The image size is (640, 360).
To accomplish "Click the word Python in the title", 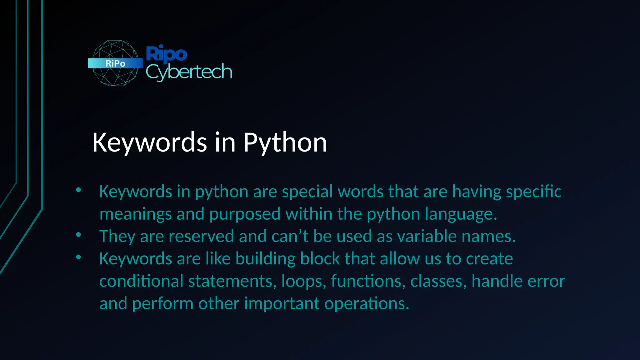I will click(285, 143).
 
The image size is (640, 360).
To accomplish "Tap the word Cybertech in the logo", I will click(189, 72).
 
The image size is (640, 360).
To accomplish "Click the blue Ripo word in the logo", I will click(166, 53).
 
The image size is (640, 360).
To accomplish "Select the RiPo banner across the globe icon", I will click(115, 63).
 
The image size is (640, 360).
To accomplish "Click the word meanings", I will click(136, 214).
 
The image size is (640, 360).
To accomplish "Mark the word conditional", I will click(141, 281).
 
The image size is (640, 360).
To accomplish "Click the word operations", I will click(367, 303).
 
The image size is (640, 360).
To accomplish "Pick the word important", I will click(282, 303).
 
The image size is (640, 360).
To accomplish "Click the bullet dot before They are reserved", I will click(78, 235).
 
